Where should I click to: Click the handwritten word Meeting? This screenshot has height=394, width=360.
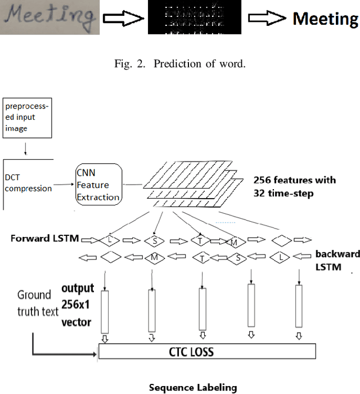(x=50, y=17)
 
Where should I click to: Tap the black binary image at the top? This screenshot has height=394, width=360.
(x=193, y=18)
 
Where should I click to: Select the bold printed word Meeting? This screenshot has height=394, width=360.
(x=325, y=19)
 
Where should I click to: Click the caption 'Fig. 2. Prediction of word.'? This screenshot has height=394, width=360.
(x=181, y=63)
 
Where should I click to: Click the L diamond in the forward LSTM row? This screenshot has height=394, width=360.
(x=110, y=240)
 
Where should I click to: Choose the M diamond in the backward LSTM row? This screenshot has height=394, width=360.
(x=154, y=258)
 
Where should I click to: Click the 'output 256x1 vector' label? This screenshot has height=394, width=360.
(x=78, y=307)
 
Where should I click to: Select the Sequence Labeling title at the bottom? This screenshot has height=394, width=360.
(x=192, y=387)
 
